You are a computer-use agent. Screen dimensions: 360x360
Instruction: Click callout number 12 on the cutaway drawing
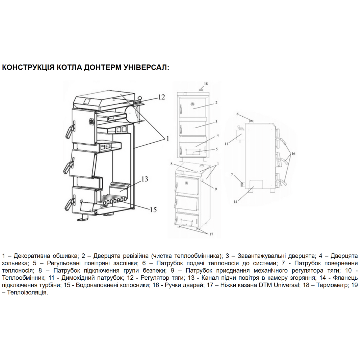coord(162,97)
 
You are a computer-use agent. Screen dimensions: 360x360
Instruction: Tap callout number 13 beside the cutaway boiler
coord(145,179)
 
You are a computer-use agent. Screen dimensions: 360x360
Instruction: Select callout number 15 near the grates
coord(153,210)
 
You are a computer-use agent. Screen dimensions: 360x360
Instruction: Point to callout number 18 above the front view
coord(206,84)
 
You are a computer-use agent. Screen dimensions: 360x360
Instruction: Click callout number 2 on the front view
coord(216,103)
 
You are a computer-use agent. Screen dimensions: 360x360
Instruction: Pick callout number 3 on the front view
coord(216,122)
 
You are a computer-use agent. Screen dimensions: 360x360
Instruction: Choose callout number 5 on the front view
coord(216,149)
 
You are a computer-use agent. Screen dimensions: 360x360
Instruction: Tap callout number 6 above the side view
coord(238,114)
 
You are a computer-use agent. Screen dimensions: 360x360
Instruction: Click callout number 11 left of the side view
coord(226,144)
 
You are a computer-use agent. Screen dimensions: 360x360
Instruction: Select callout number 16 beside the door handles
coord(293,154)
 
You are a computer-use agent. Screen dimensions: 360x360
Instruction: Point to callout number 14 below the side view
coord(235,202)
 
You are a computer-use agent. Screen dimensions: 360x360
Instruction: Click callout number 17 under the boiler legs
coord(211,234)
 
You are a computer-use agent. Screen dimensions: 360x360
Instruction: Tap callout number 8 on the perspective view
coord(171,164)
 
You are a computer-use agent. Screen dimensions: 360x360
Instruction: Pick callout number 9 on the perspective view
coord(216,189)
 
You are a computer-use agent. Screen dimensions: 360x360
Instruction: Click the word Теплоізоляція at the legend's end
coord(27,293)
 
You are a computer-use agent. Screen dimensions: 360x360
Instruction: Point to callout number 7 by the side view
coord(232,175)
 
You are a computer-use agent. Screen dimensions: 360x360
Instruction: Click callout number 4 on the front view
coord(218,135)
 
